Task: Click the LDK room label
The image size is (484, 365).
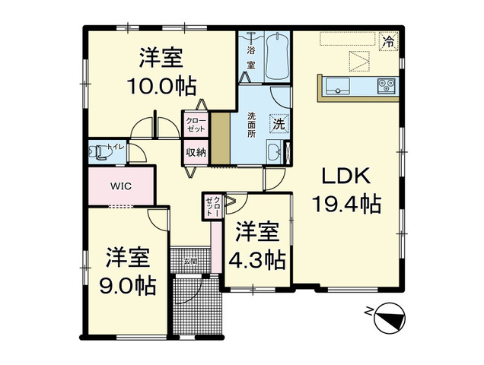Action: (344, 176)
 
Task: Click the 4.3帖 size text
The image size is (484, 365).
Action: (257, 259)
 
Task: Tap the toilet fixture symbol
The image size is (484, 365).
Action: (99, 152)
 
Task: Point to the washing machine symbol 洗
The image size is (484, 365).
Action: (279, 123)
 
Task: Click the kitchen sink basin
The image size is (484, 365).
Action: (337, 84)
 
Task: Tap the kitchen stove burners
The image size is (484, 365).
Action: (386, 85)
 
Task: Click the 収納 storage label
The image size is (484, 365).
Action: (196, 151)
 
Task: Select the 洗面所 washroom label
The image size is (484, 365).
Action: (250, 123)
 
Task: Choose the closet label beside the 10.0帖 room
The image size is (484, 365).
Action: (196, 124)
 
